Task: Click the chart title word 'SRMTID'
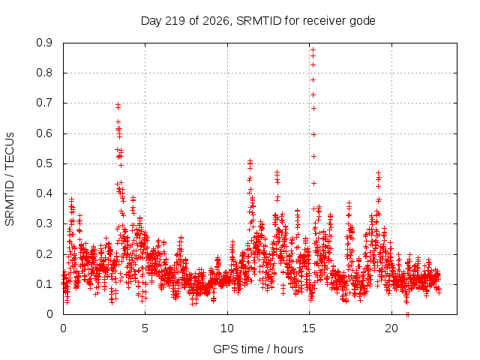(259, 21)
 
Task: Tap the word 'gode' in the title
(362, 22)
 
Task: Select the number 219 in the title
(175, 21)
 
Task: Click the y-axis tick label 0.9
(44, 43)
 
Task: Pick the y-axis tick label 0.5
(44, 163)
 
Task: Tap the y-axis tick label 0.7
(44, 103)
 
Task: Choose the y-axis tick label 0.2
(44, 254)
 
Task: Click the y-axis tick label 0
(49, 314)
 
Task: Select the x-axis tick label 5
(145, 328)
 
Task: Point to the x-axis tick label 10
(227, 328)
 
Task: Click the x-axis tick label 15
(309, 328)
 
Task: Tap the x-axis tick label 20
(391, 328)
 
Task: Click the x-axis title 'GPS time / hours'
(258, 349)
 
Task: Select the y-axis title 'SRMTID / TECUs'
(10, 179)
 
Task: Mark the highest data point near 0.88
(313, 49)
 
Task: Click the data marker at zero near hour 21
(407, 314)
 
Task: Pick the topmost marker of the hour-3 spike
(118, 105)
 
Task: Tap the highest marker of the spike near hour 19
(378, 173)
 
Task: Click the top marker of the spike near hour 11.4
(250, 160)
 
